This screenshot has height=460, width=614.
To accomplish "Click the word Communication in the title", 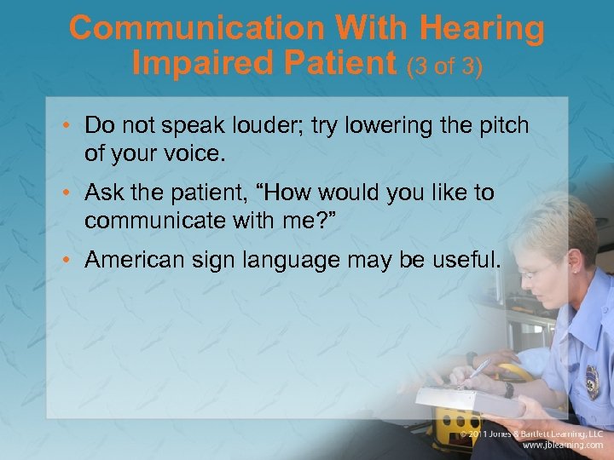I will pos(198,28).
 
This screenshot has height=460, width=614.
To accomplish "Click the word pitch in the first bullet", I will pos(501,126).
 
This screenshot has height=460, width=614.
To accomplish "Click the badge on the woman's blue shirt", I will pos(592,382).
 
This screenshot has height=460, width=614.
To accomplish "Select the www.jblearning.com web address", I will pos(563,444).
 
